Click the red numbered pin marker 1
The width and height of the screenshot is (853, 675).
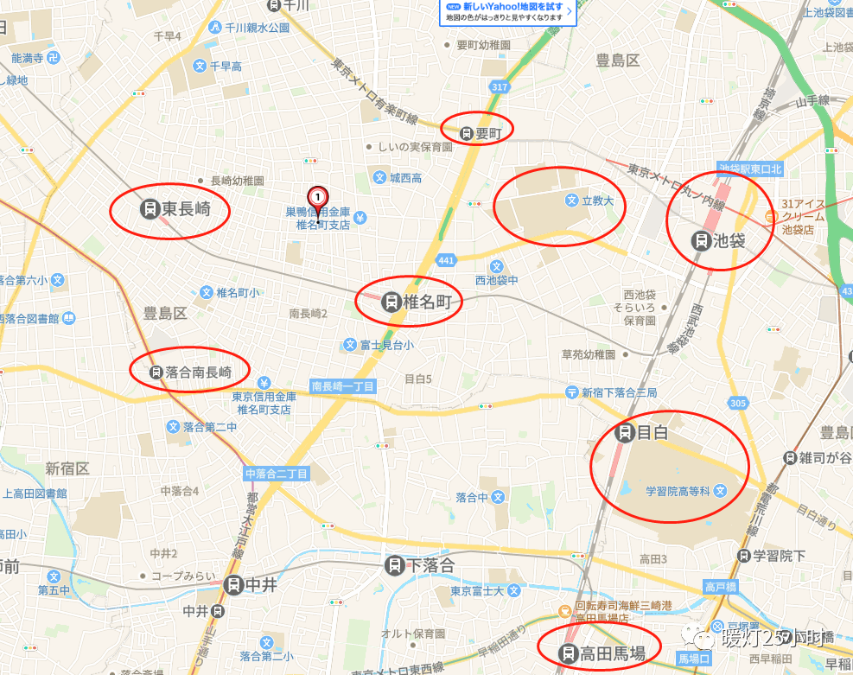(x=318, y=197)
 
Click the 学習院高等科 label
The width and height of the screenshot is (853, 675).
(x=678, y=491)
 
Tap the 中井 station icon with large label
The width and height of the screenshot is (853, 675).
(x=232, y=585)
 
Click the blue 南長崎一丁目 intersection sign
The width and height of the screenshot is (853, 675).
(x=342, y=386)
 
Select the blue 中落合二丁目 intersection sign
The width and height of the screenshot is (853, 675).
(x=276, y=474)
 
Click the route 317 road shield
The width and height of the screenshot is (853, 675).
(x=499, y=87)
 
